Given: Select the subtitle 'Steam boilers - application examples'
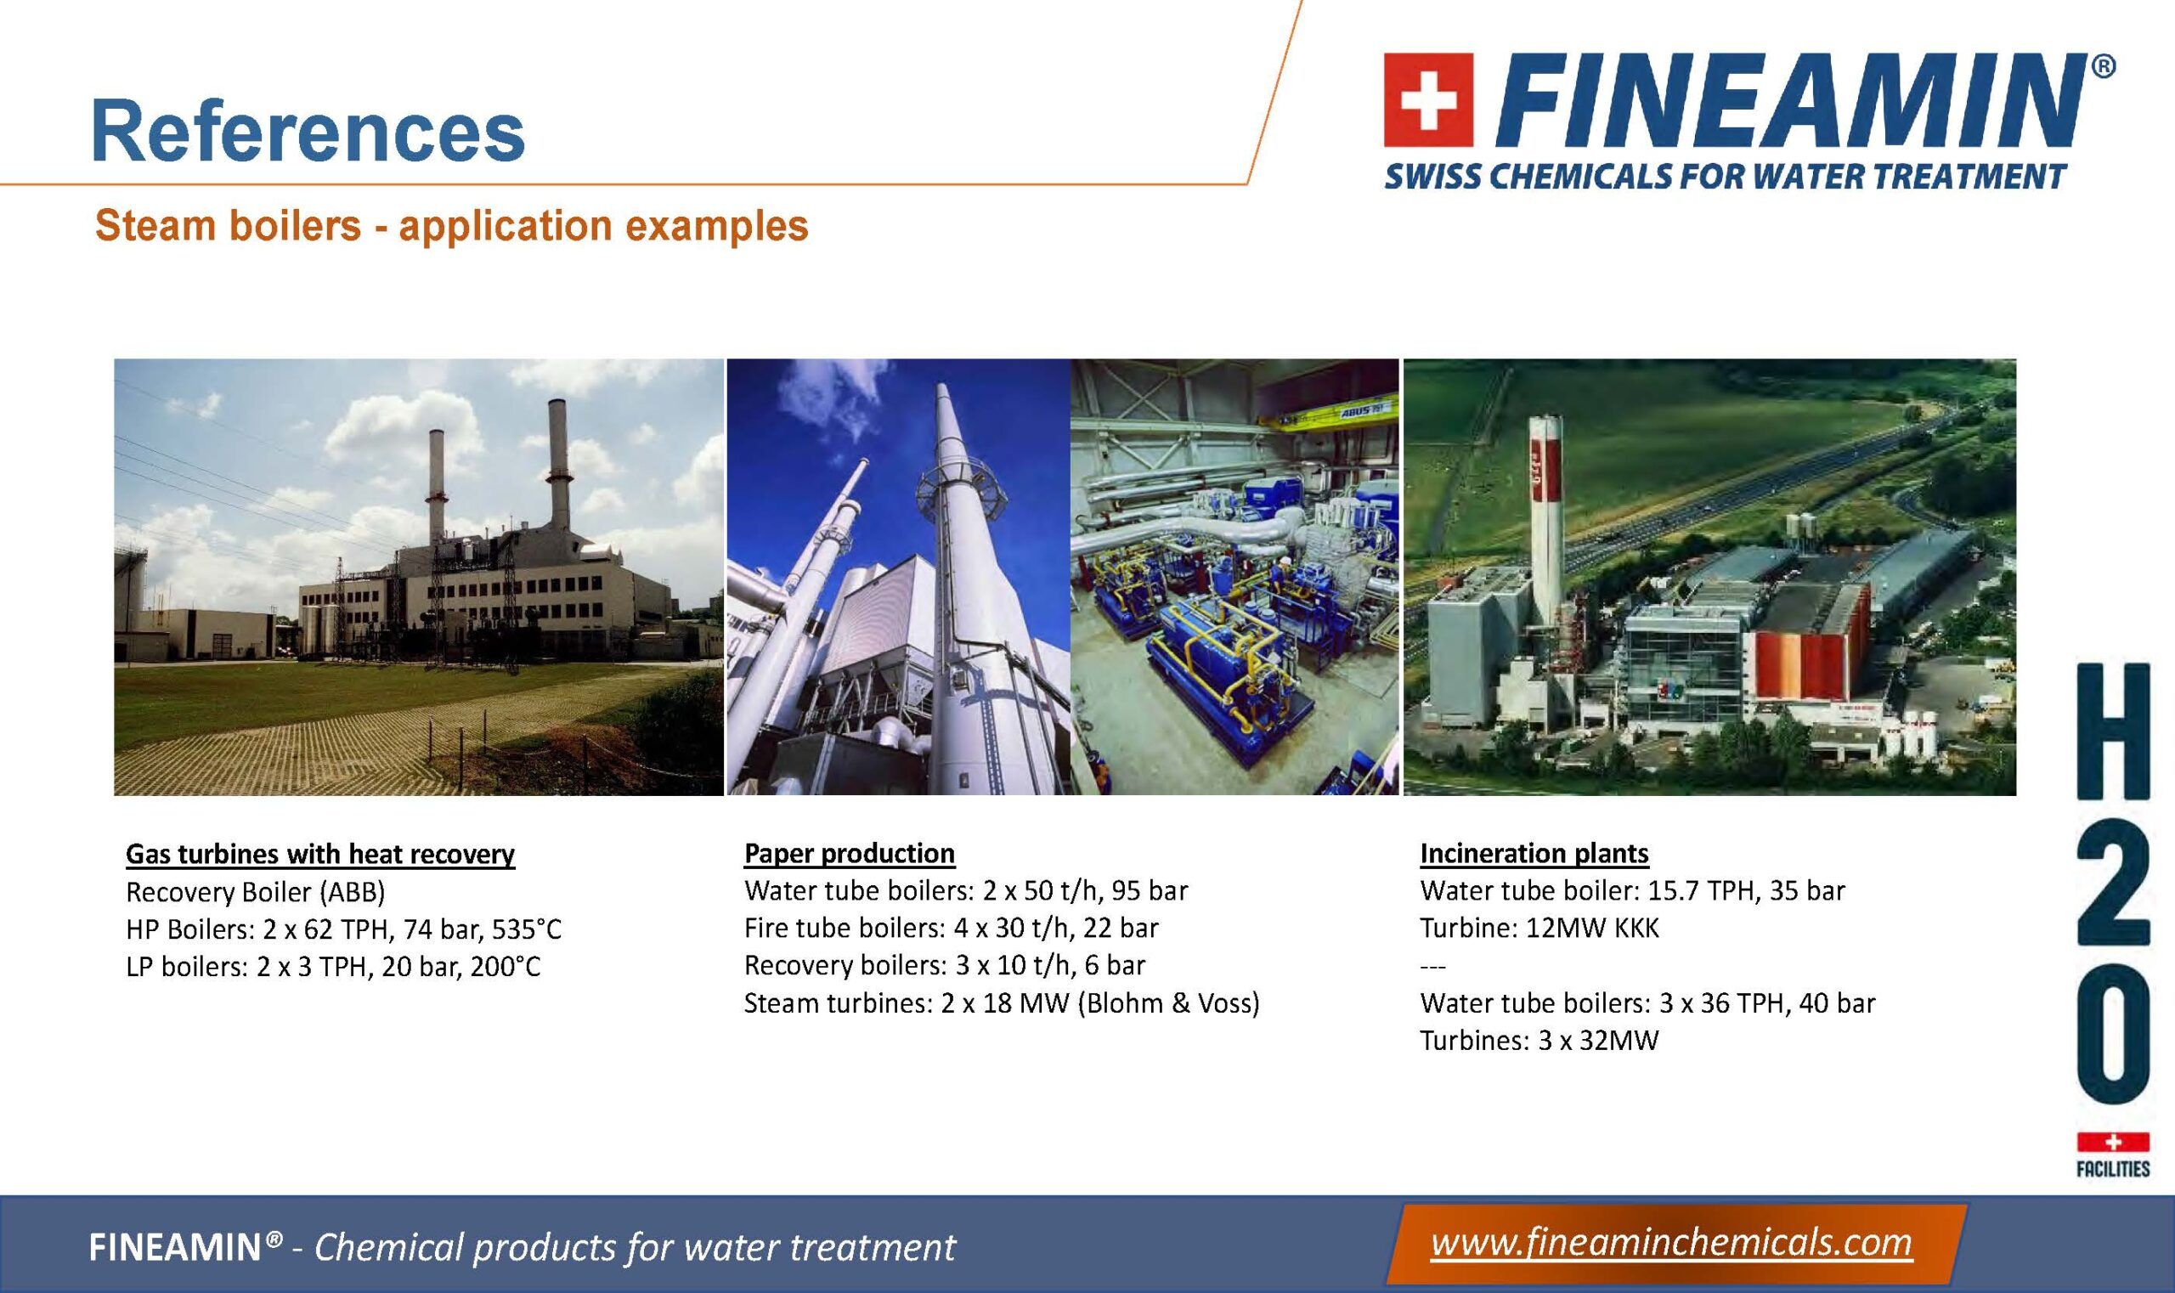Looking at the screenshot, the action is (x=451, y=226).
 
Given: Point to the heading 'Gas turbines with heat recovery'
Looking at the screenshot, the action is (x=320, y=854).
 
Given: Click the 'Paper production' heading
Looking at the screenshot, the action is (x=850, y=853).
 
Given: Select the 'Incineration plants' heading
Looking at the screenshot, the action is (x=1534, y=853).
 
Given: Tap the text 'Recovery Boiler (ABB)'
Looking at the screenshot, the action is (x=256, y=892).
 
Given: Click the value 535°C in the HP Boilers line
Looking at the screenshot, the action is (x=528, y=929).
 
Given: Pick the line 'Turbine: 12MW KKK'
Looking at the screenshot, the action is (x=1539, y=928).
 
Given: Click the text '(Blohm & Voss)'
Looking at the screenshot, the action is (x=1168, y=1003).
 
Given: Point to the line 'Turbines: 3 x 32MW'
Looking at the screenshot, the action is (x=1539, y=1041).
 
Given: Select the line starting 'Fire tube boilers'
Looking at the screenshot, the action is (x=952, y=928).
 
